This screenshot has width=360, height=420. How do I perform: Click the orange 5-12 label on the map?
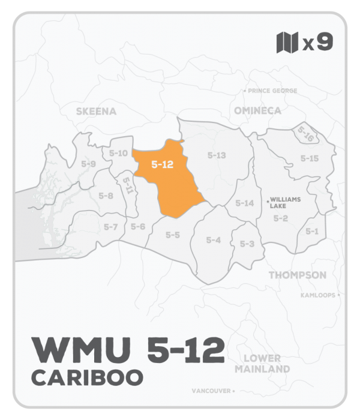coord(163,164)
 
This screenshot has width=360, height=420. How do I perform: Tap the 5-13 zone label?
coord(217,155)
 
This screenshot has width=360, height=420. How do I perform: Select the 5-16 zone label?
coord(305,133)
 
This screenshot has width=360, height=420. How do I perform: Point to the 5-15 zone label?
coord(310,158)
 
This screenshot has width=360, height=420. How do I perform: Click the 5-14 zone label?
coord(245,203)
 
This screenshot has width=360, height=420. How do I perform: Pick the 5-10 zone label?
coord(119,154)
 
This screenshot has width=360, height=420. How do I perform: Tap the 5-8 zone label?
coord(106,196)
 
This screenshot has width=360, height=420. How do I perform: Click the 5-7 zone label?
coord(110,226)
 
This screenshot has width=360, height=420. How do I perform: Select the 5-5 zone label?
coord(173,235)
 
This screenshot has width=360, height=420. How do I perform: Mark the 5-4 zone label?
coord(214,240)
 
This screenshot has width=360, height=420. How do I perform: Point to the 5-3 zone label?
coord(247,244)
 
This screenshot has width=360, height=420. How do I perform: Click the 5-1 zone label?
coord(311,231)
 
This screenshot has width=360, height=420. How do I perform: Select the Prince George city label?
coord(271,91)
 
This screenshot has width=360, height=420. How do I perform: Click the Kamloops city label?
coord(319,295)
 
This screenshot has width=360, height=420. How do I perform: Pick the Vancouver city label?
coord(211,391)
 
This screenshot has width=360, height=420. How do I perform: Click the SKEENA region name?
coord(96,111)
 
